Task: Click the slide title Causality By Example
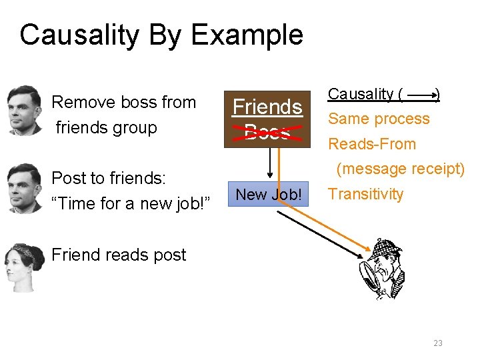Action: pyautogui.click(x=161, y=35)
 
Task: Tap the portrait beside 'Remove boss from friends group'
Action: pyautogui.click(x=24, y=110)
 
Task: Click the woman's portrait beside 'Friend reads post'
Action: pyautogui.click(x=24, y=267)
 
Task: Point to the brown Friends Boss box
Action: pyautogui.click(x=267, y=119)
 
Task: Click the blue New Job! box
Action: pyautogui.click(x=269, y=194)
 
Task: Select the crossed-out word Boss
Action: pyautogui.click(x=267, y=132)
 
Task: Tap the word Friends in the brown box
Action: pyautogui.click(x=267, y=107)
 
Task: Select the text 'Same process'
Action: pyautogui.click(x=379, y=119)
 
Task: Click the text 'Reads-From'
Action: pyautogui.click(x=371, y=144)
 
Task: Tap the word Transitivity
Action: pyautogui.click(x=366, y=194)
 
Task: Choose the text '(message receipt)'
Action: pyautogui.click(x=400, y=169)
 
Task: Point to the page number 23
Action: pyautogui.click(x=437, y=343)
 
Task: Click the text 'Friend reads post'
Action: pyautogui.click(x=119, y=255)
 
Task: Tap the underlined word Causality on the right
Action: pyautogui.click(x=361, y=94)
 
